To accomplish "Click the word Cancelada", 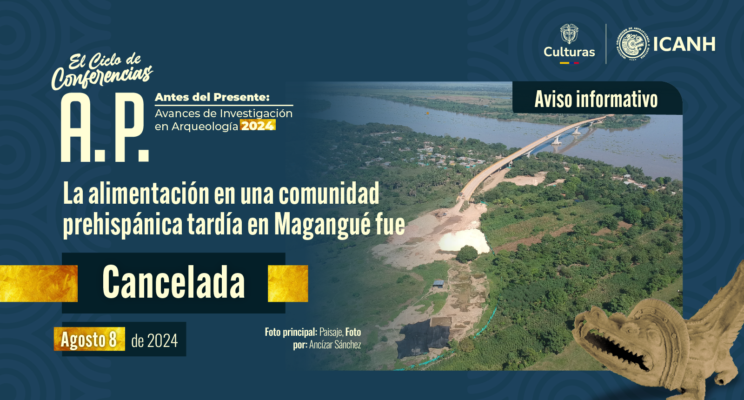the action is tap(174, 282).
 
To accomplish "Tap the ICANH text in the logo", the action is tap(684, 44).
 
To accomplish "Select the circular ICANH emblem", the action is tap(634, 44).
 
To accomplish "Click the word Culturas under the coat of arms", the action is tap(569, 52).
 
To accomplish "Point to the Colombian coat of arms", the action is tap(569, 33).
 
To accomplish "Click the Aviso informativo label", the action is tap(596, 99).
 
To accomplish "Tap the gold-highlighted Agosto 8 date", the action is tap(89, 339).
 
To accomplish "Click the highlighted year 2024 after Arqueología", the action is tap(258, 126).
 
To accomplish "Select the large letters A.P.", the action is tap(104, 128).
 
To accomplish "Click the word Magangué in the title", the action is tap(322, 225).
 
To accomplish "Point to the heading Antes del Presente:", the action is tap(212, 97).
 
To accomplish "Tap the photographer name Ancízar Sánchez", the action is tap(335, 345).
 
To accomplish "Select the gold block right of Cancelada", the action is tap(288, 283).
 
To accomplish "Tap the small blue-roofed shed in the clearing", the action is tap(438, 284).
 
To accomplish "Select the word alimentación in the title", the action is tap(149, 193).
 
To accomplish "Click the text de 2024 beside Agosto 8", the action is tap(154, 340).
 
